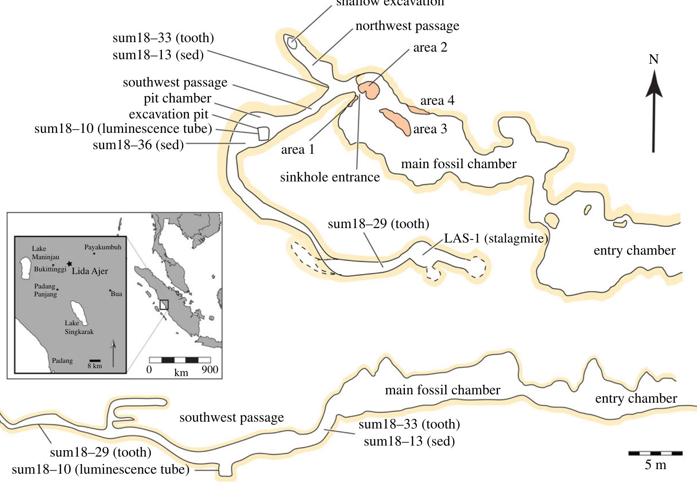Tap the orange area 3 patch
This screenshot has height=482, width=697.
point(396,121)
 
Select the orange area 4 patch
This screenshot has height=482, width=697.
point(419,110)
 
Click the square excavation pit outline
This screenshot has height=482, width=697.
point(263,134)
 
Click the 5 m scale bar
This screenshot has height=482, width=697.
point(655,453)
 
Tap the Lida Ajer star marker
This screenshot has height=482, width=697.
point(69,263)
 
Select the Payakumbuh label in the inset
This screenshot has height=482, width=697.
point(103,247)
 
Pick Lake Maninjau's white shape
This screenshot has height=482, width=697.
point(25,268)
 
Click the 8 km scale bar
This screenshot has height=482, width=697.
point(95,361)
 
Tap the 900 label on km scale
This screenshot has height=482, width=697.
point(210,370)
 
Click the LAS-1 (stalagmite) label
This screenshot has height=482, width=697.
point(496,238)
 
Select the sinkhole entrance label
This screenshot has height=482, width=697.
point(330,177)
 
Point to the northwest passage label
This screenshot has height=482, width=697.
point(407,26)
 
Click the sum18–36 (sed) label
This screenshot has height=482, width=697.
point(138,145)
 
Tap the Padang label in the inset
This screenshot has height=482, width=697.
point(62,361)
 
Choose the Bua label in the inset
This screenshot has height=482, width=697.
point(116,294)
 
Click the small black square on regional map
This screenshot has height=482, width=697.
point(164,304)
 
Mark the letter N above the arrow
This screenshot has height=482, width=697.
point(653,60)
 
